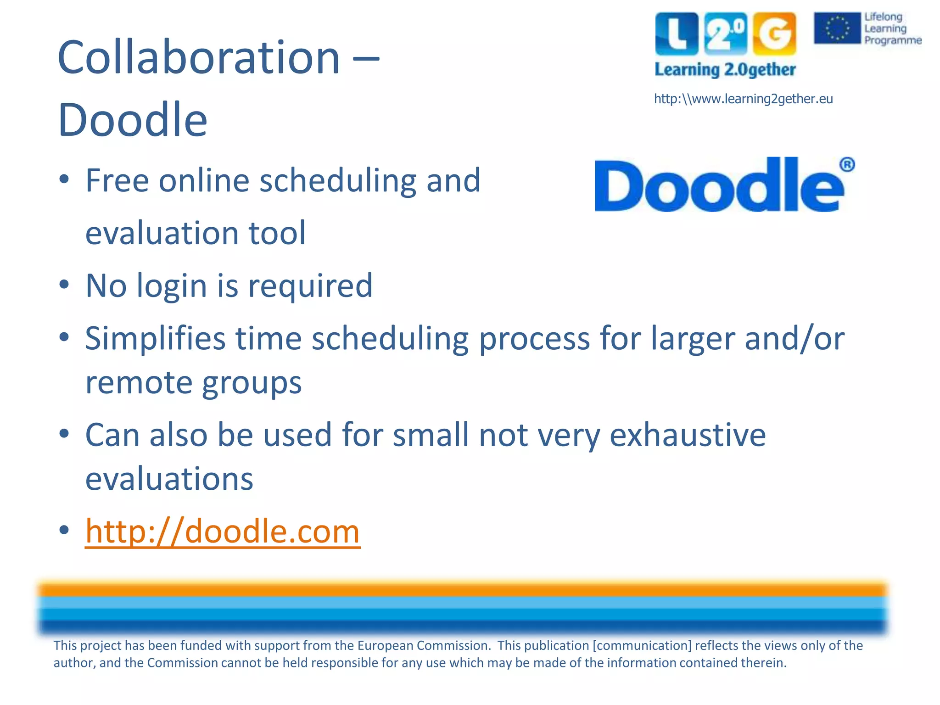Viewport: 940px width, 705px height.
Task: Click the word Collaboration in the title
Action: (198, 57)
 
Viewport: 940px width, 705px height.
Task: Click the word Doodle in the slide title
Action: (133, 120)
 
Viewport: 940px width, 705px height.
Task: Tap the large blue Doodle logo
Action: (718, 186)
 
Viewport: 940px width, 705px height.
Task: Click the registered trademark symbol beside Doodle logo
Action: (847, 164)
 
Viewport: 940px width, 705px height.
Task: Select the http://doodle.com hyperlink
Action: (223, 532)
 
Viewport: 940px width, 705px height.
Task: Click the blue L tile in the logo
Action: (677, 34)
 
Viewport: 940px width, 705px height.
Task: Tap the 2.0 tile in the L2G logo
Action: (725, 34)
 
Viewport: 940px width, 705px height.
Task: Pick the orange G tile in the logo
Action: (774, 34)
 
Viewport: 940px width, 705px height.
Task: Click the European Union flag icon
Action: (837, 28)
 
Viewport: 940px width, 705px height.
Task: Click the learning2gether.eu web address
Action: (743, 99)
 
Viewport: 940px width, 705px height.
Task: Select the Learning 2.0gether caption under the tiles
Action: (725, 70)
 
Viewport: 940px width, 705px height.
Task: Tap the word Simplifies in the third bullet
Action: (155, 339)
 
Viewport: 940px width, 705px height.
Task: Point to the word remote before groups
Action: (139, 383)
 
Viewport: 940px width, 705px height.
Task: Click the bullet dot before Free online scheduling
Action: (64, 179)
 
